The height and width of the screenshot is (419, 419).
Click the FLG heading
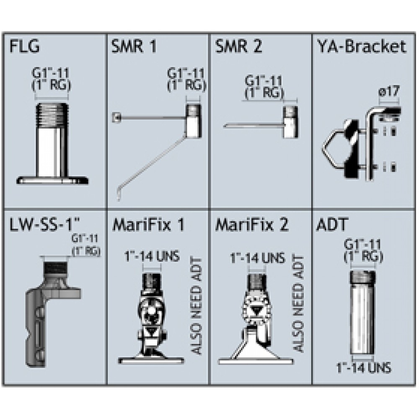(x=25, y=46)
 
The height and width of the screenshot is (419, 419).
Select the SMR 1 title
(x=134, y=46)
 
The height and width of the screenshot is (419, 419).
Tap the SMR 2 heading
(x=239, y=46)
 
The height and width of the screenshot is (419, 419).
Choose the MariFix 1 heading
(x=148, y=225)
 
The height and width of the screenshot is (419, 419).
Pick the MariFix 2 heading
(x=252, y=225)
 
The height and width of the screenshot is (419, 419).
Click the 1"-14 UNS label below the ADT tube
(x=364, y=368)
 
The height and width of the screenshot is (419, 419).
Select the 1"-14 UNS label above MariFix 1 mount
(x=152, y=256)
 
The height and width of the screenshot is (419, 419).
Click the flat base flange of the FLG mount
(x=52, y=181)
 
